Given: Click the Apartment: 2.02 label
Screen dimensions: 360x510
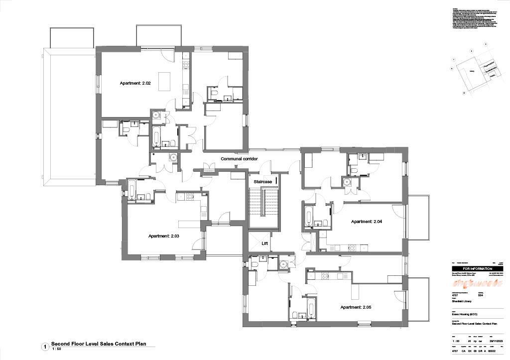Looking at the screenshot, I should pos(135,83).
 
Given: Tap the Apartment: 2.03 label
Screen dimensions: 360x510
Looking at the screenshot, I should pos(163,236).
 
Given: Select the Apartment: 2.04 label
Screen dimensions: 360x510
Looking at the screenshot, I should pos(366,222).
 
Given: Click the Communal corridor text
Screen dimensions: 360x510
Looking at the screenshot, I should pos(239,159).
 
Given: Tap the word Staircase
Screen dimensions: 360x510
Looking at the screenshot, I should pos(262,182).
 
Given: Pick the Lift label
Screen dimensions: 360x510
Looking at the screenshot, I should pos(265,243).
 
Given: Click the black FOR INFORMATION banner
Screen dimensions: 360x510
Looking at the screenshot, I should pos(477,268).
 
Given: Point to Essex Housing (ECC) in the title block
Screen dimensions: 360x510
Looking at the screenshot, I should pos(463,315).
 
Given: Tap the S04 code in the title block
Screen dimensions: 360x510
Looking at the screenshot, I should pos(481,296).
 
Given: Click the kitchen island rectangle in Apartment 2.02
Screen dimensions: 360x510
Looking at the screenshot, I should pos(164,81).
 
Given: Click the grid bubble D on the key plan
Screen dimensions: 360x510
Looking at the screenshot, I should pos(464,93).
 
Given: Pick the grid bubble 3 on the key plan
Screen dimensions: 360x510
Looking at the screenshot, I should pos(486,44).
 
